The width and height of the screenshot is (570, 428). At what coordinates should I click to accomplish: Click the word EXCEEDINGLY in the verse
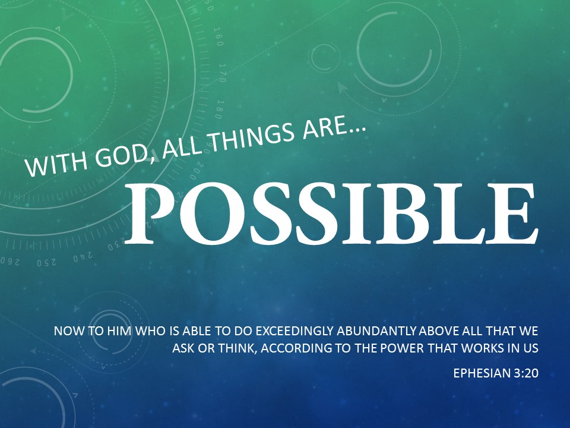pos(295,331)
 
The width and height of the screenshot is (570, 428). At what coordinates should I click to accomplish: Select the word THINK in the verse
pos(237,348)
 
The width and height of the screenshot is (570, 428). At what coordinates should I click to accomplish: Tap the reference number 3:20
pos(526,373)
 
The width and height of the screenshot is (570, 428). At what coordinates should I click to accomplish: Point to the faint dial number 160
pos(218,36)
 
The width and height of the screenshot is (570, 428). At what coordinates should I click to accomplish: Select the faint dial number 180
pos(218,109)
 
